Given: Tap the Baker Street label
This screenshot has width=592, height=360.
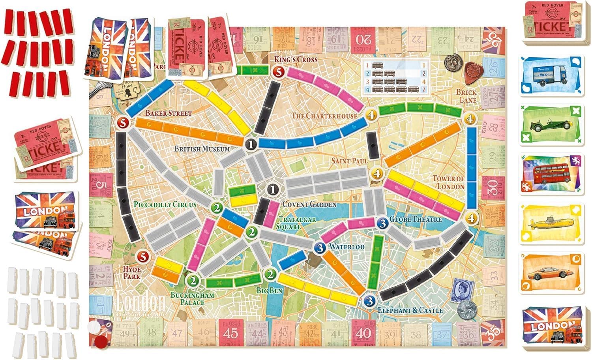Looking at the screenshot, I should tap(169, 113).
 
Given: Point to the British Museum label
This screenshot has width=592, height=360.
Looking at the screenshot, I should tap(202, 149).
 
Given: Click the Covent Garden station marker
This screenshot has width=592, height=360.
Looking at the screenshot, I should tap(272, 190).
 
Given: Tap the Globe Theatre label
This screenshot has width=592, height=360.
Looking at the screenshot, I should tap(416, 219).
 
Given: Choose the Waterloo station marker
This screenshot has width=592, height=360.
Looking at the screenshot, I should tap(320, 248).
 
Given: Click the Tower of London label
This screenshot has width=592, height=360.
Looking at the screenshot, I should tap(448, 182).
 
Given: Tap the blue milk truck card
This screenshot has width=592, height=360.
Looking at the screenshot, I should tap(551, 77).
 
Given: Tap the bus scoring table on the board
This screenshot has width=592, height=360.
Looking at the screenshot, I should tap(395, 77).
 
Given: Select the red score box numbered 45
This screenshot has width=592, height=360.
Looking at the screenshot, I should tap(230, 332).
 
